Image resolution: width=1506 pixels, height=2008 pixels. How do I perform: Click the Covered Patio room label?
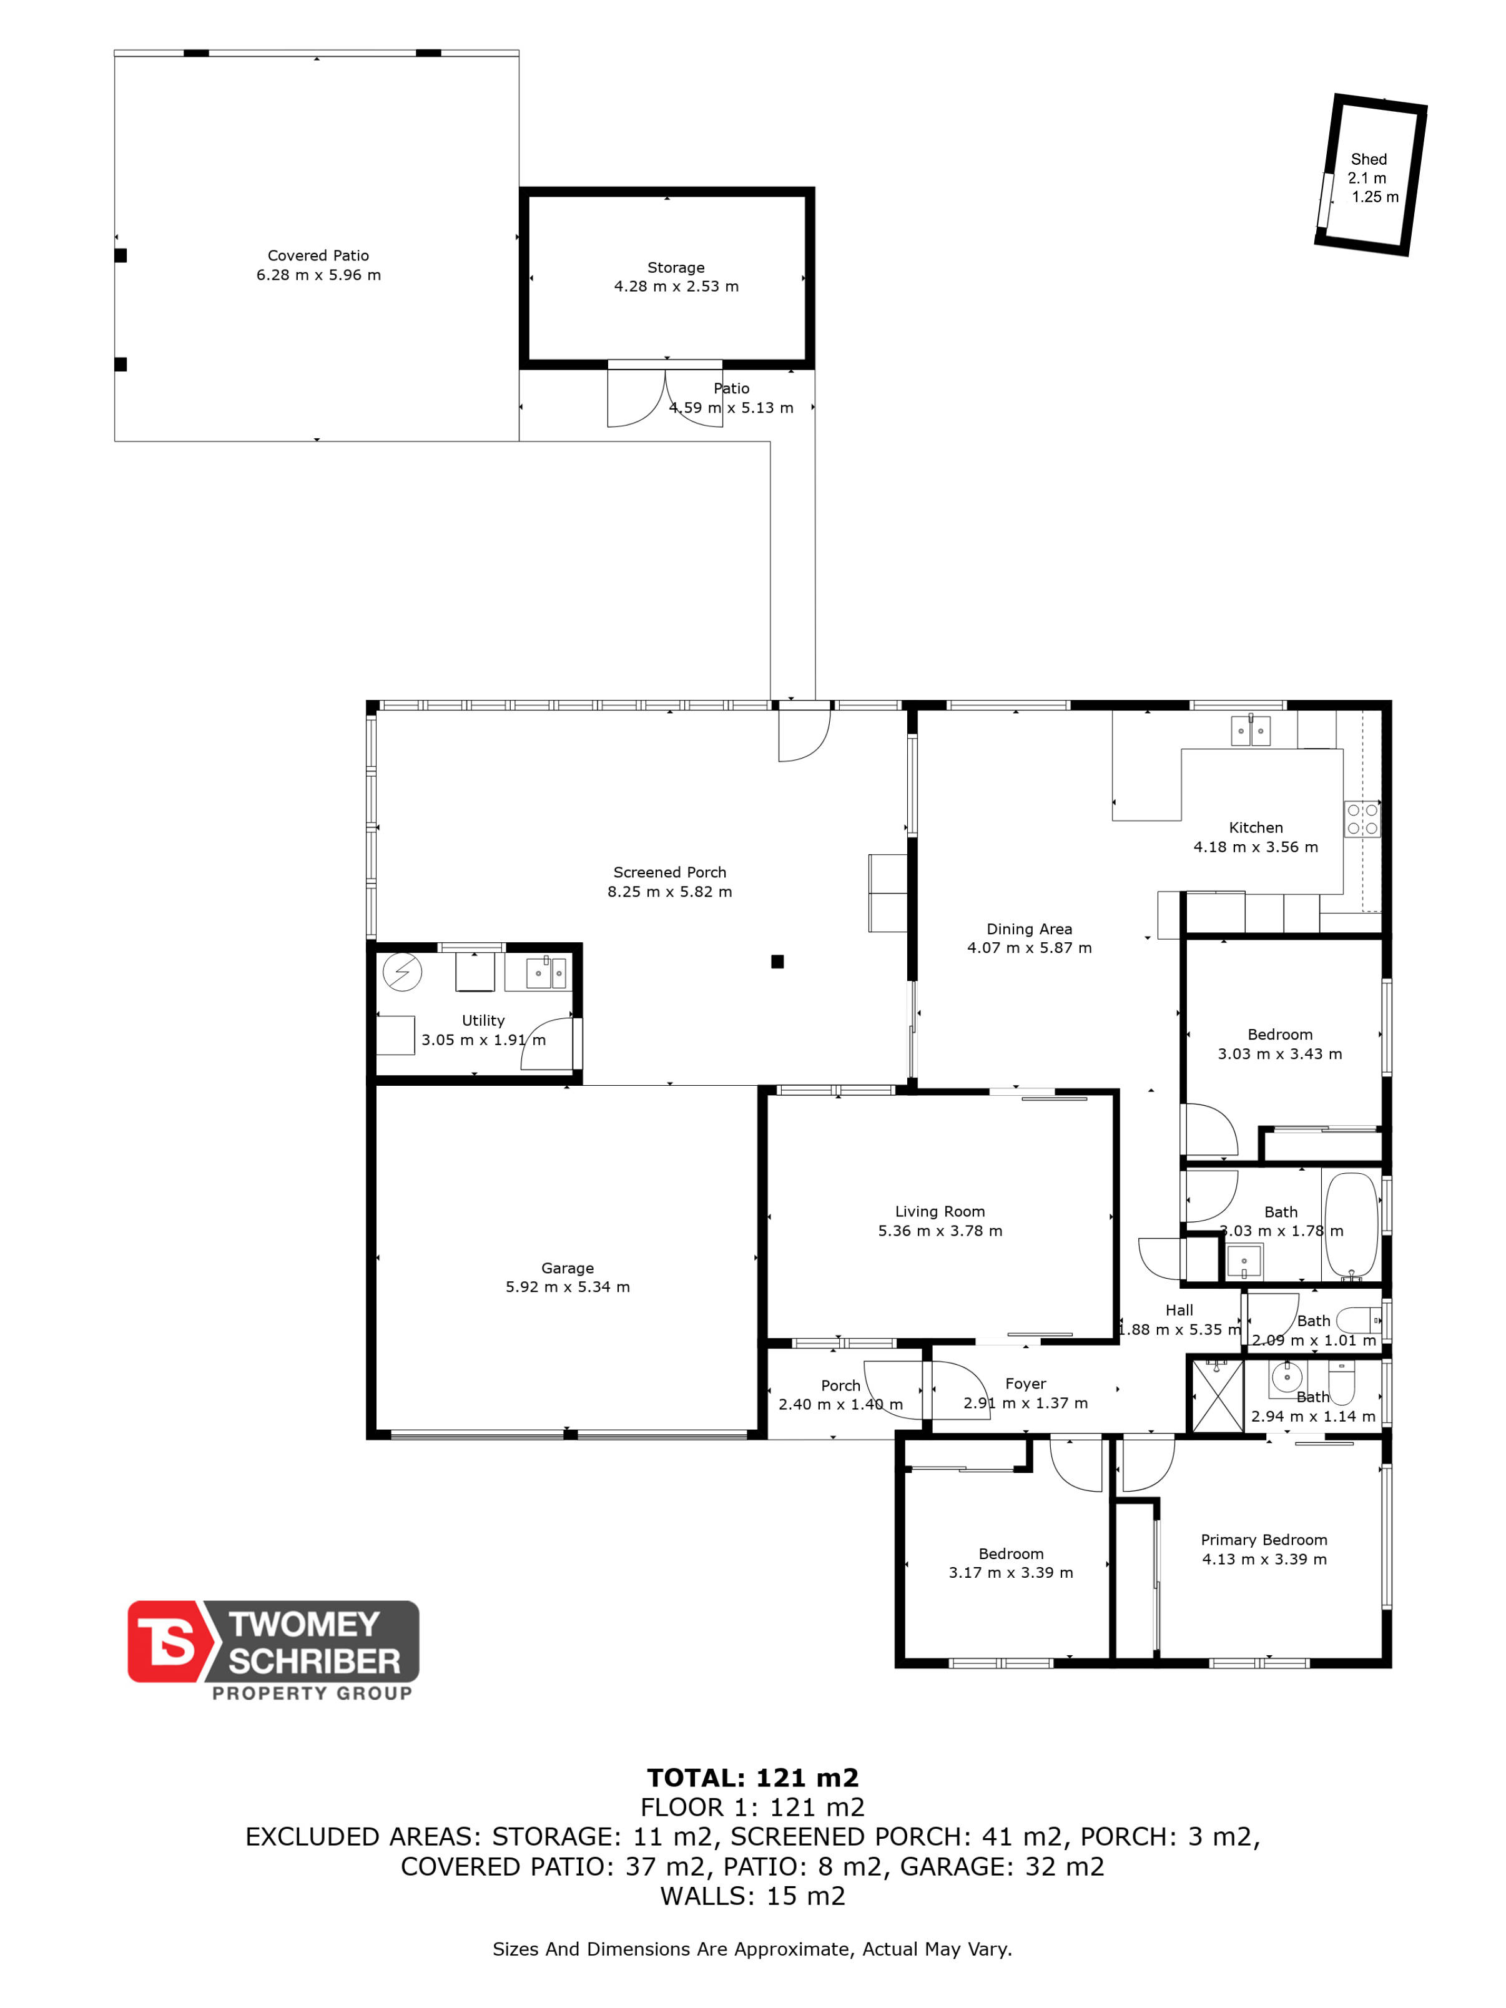(318, 255)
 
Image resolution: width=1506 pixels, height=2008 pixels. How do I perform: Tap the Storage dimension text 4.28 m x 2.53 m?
(676, 286)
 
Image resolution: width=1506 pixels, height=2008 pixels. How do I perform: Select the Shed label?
(1368, 159)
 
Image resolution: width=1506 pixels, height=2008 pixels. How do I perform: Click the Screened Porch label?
(669, 872)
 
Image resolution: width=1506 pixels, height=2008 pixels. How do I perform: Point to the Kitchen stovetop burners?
(1362, 819)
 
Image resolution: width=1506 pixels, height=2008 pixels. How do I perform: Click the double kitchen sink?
(1250, 731)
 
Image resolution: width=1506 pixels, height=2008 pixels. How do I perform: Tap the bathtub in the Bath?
(1351, 1226)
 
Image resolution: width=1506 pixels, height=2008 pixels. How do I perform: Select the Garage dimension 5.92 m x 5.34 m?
(568, 1286)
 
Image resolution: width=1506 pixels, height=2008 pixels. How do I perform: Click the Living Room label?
(940, 1211)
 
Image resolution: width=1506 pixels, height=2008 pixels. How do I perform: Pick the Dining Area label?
(1030, 928)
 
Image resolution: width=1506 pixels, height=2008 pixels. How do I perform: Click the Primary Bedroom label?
(1264, 1540)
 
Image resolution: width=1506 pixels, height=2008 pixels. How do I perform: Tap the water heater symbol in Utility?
(402, 972)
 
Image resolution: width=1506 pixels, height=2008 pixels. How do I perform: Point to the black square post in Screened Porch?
(777, 962)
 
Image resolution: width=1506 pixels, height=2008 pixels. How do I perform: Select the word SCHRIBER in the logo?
(314, 1661)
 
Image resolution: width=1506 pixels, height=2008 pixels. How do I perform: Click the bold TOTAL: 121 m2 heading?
(752, 1778)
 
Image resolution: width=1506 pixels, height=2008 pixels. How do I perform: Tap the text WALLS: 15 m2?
(752, 1896)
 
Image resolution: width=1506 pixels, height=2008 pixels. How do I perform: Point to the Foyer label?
(1025, 1384)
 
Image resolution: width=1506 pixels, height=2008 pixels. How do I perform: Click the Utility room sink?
(546, 972)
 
